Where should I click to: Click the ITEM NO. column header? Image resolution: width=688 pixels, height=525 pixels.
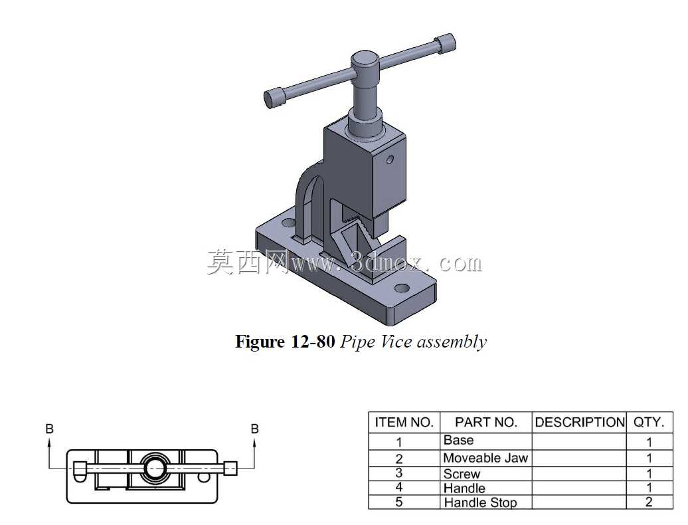404,422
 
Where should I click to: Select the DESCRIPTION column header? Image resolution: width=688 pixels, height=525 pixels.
580,422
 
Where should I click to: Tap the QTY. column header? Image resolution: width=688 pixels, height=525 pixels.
649,422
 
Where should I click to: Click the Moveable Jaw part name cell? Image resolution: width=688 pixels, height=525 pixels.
485,458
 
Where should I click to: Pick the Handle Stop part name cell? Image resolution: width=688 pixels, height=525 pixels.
480,502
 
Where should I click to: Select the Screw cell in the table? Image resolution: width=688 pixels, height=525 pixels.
462,474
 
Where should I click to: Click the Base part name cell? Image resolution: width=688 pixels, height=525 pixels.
458,440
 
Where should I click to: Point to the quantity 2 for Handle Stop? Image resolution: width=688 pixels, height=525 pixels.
649,502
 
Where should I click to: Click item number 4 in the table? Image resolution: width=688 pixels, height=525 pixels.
399,487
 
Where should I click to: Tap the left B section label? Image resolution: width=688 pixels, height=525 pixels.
50,429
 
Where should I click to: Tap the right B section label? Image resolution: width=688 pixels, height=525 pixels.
254,429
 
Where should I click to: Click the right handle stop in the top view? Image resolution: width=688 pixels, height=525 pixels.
231,468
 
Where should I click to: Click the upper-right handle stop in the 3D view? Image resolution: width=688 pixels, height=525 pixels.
445,44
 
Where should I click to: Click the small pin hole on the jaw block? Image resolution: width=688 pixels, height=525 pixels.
390,159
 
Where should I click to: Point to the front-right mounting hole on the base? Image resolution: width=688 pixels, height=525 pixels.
402,288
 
